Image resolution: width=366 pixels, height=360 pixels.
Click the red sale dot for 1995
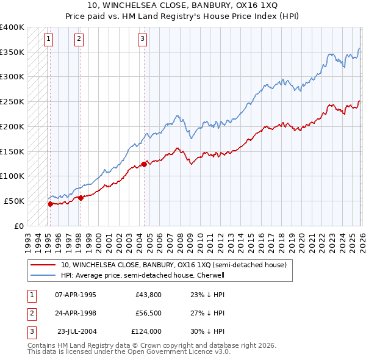point(50,204)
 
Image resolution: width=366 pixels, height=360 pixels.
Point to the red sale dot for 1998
point(81,197)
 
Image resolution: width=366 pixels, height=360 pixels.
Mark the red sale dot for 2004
point(144,164)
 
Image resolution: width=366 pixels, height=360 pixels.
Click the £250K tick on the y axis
point(12,101)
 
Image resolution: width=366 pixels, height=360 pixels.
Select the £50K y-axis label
point(15,201)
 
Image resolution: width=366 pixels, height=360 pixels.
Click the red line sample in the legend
point(44,265)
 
